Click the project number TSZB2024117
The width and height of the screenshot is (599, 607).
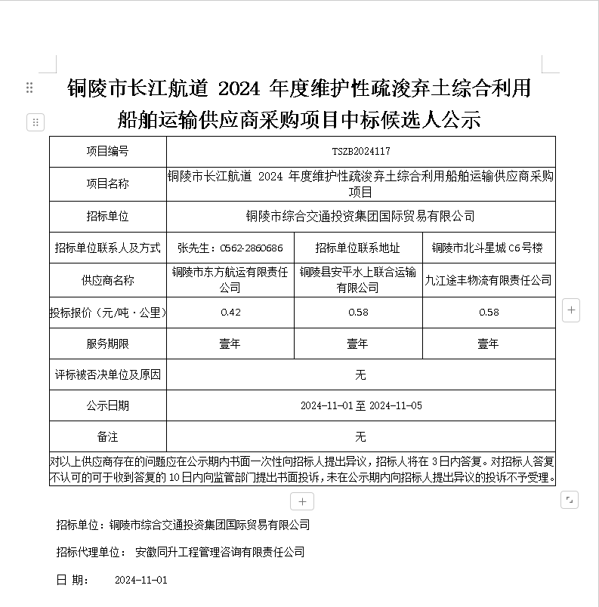coord(360,152)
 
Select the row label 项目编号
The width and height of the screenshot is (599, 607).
coord(107,152)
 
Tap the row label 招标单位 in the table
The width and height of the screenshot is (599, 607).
coord(107,216)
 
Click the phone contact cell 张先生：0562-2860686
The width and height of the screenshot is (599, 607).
coord(230,248)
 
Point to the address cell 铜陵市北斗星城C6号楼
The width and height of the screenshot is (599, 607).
coord(488,248)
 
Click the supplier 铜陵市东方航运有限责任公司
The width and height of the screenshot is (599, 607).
coord(230,279)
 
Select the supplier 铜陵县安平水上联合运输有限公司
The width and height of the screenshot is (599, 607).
coord(357,279)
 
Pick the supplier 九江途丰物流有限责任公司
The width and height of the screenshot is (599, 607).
coord(488,280)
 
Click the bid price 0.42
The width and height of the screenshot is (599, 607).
coord(230,313)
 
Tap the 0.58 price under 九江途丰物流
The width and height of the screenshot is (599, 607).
coord(488,313)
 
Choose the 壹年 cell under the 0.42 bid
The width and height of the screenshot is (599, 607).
coord(230,344)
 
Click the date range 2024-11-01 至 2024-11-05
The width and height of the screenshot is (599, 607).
coord(360,405)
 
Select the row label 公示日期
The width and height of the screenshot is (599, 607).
coord(107,405)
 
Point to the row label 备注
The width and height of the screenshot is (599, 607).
coord(107,436)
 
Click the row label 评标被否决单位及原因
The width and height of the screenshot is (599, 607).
coord(107,374)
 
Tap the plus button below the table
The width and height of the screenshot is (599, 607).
coord(301,501)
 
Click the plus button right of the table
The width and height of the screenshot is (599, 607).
coord(571,310)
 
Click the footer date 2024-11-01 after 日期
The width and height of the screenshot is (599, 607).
coord(140,581)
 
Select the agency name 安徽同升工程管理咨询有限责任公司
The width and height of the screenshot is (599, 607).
coord(220,552)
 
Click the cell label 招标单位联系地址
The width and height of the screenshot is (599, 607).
coord(357,248)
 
